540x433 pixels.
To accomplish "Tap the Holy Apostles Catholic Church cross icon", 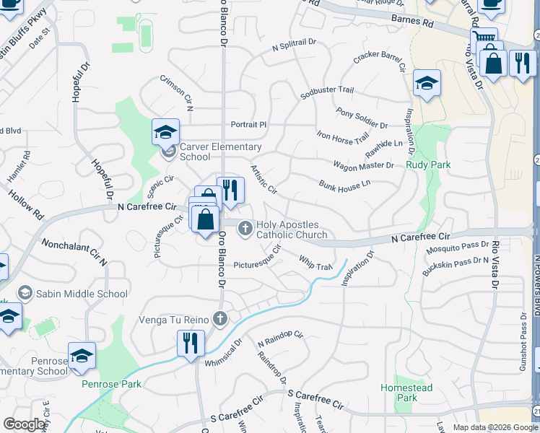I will click(x=245, y=228).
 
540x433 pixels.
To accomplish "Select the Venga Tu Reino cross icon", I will click(x=220, y=318).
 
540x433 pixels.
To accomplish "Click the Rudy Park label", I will click(x=428, y=165).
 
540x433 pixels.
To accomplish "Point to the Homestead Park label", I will click(x=407, y=393).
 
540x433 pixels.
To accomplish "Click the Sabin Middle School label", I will click(x=82, y=294).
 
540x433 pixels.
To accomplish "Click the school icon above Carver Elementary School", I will click(x=165, y=131).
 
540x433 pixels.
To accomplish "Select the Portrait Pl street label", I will click(x=248, y=125).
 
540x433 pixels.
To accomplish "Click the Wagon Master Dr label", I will click(x=363, y=165).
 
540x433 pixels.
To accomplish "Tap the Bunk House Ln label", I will click(x=344, y=184).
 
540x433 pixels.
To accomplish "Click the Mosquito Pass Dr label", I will click(x=457, y=248).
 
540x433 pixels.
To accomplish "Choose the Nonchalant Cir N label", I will click(x=74, y=253).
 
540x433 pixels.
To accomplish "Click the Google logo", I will click(x=25, y=424).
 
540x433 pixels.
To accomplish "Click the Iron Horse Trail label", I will click(x=343, y=135).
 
